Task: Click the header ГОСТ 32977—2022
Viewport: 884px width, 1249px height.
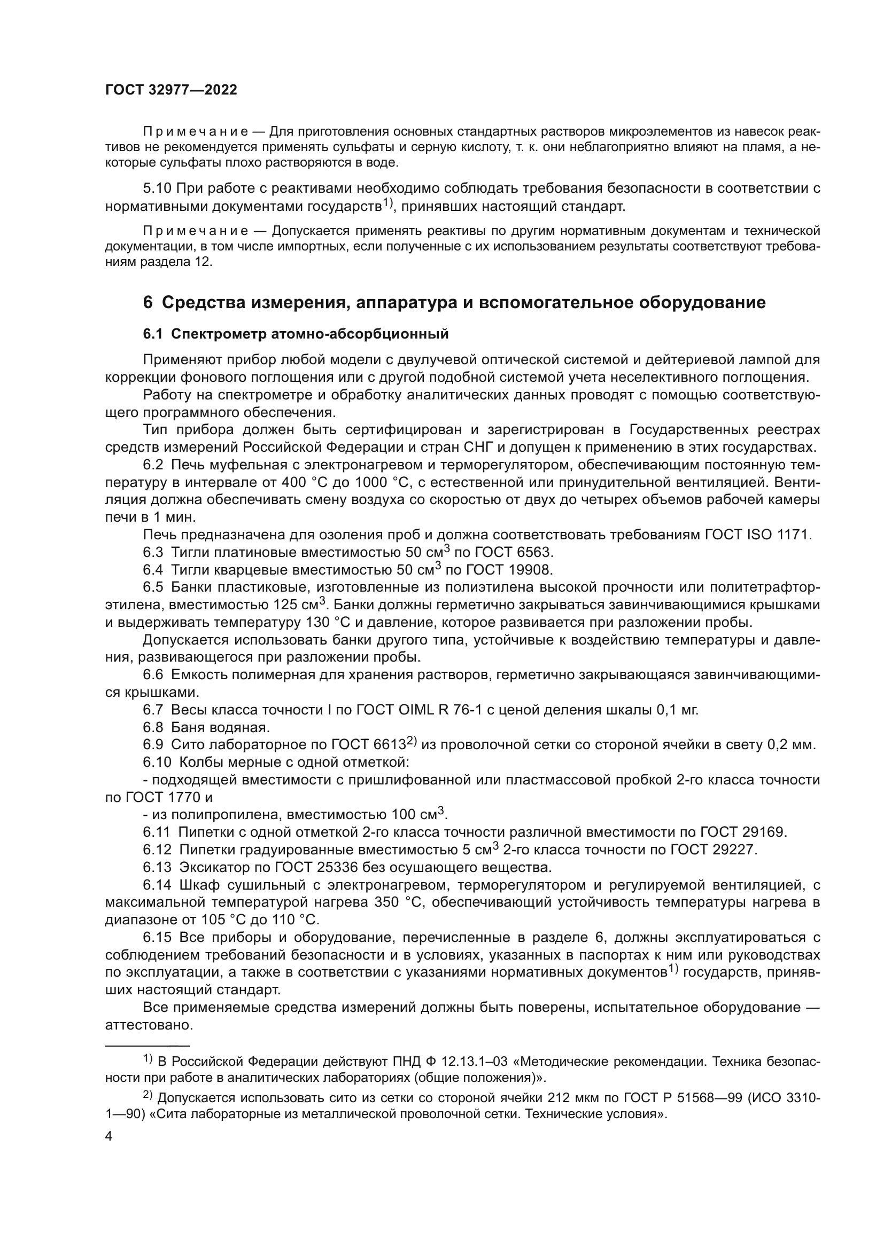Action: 171,90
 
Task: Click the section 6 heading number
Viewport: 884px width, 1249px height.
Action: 148,302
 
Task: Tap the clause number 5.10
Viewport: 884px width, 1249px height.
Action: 157,188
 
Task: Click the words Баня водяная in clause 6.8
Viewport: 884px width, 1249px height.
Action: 220,727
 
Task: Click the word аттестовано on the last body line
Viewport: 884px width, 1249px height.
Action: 149,1026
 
